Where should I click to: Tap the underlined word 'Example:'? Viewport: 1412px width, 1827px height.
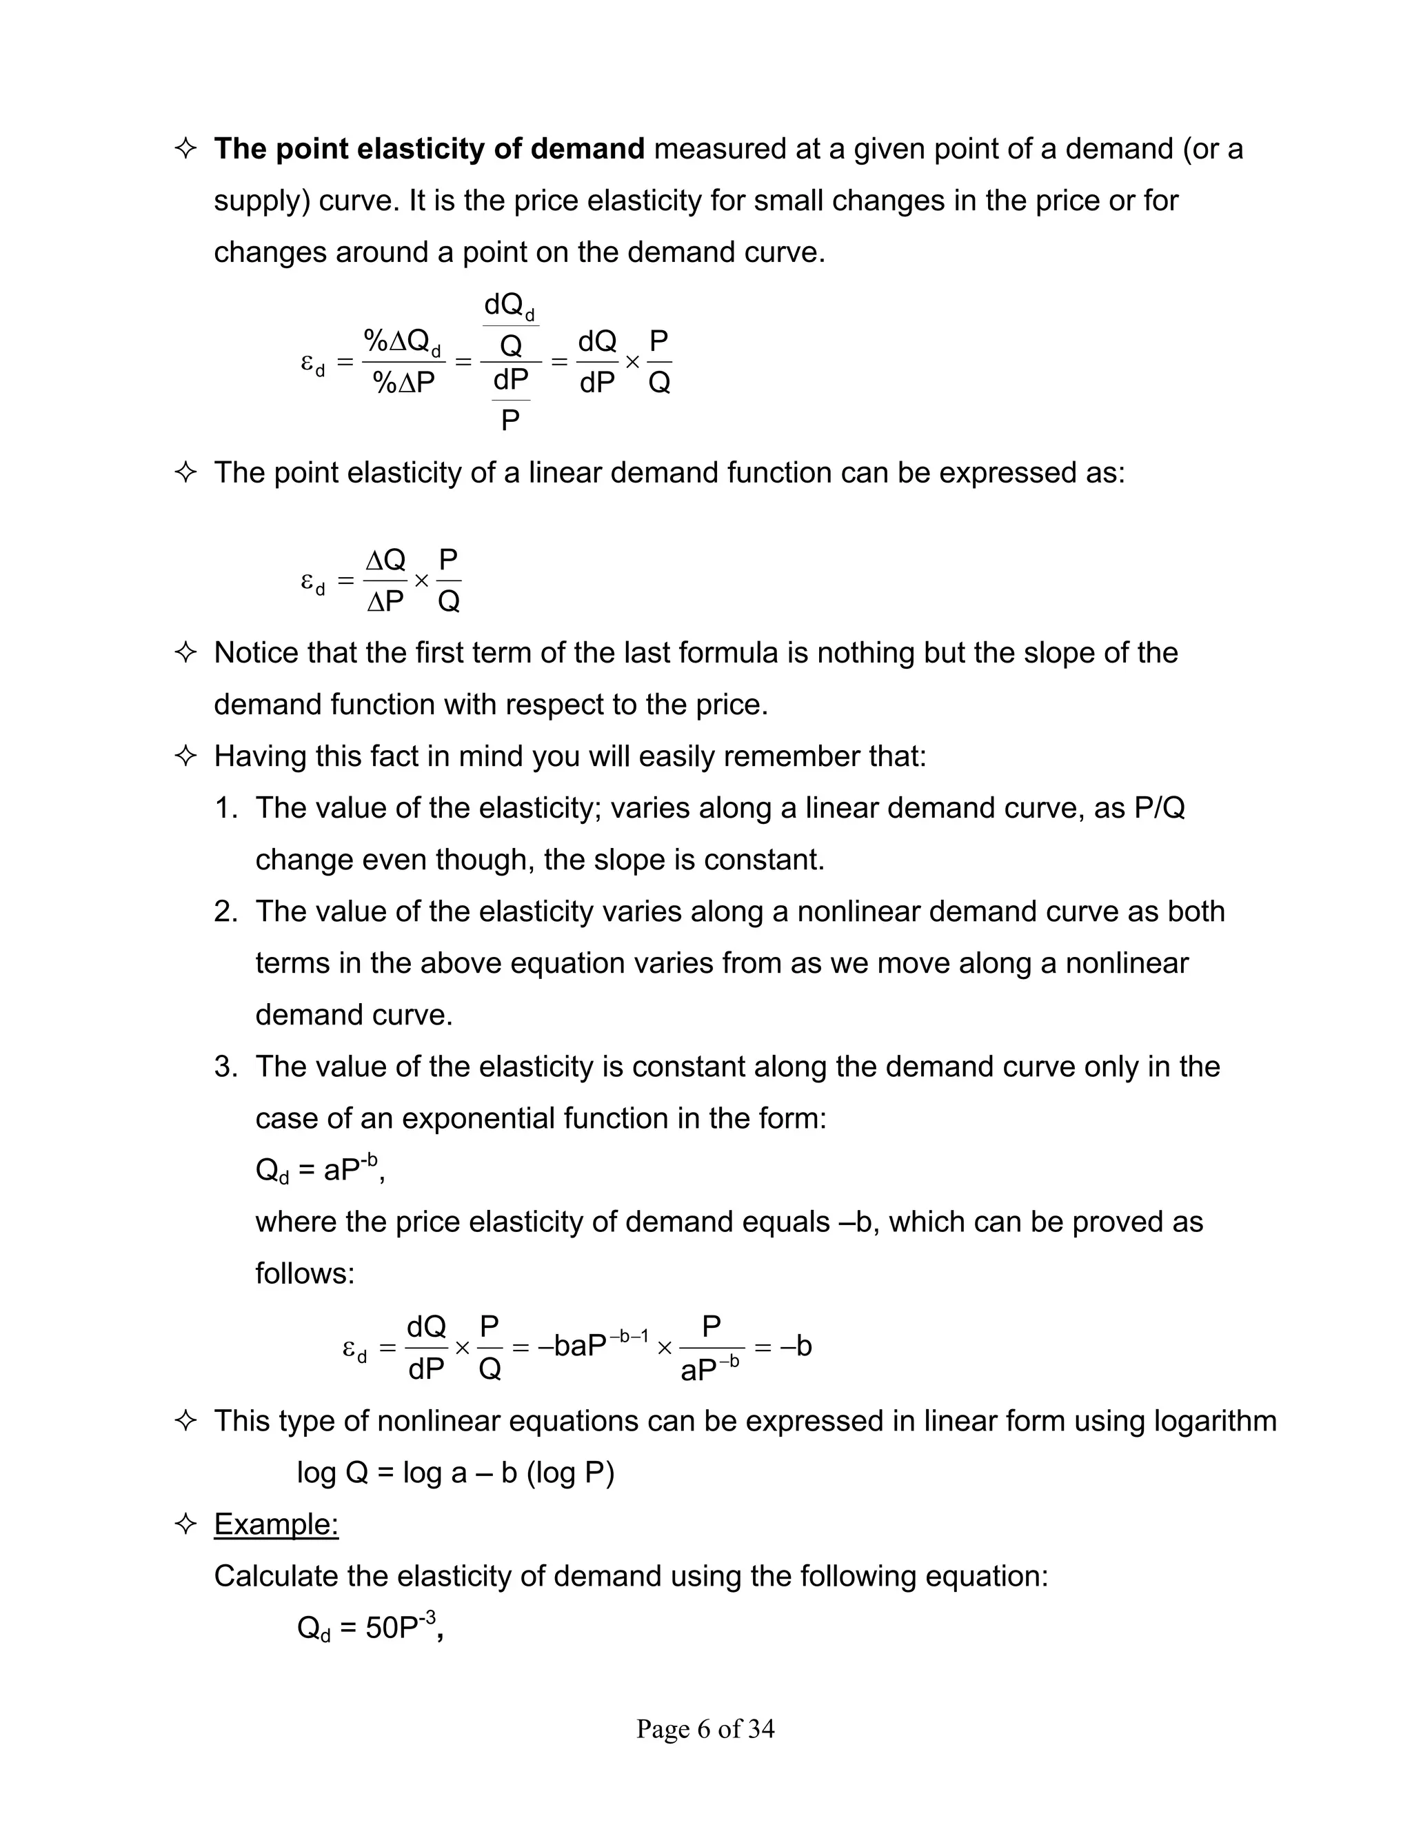click(276, 1524)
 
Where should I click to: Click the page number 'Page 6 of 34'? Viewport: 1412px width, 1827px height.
click(705, 1728)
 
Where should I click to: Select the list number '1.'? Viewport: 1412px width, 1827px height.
click(226, 808)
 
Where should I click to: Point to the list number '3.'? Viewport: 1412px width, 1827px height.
click(226, 1067)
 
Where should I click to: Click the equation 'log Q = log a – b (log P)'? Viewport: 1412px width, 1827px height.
click(456, 1473)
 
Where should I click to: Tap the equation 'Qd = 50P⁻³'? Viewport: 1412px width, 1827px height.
click(368, 1627)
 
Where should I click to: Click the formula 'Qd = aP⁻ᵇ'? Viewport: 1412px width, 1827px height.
click(319, 1169)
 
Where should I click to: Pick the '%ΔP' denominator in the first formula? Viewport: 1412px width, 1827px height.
click(404, 383)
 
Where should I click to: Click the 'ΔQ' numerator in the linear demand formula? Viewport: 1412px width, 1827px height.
click(385, 559)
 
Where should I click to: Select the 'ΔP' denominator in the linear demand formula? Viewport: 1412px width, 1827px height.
click(385, 600)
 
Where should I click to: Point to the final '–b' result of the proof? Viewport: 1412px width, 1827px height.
click(795, 1346)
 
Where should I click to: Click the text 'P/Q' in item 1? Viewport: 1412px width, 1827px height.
click(1160, 808)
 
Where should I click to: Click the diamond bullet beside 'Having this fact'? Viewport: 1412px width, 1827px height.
click(185, 756)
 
